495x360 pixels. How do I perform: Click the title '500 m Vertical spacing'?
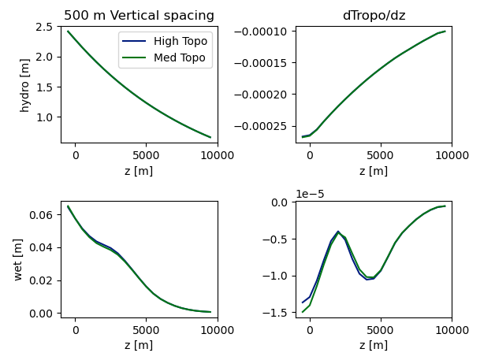point(139,16)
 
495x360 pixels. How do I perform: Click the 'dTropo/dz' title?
point(374,16)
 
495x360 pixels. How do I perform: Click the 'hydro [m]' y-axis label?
point(24,84)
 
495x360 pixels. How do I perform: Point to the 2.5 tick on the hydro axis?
point(44,27)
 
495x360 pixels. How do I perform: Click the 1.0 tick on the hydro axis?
point(44,117)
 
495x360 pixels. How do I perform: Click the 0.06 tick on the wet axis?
point(41,215)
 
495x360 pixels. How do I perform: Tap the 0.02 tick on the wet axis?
point(41,280)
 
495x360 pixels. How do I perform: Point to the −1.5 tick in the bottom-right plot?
point(279,313)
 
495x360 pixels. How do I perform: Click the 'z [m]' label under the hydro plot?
point(139,171)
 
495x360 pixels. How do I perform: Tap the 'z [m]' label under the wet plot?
point(139,345)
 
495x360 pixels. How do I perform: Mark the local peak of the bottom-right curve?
point(338,232)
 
